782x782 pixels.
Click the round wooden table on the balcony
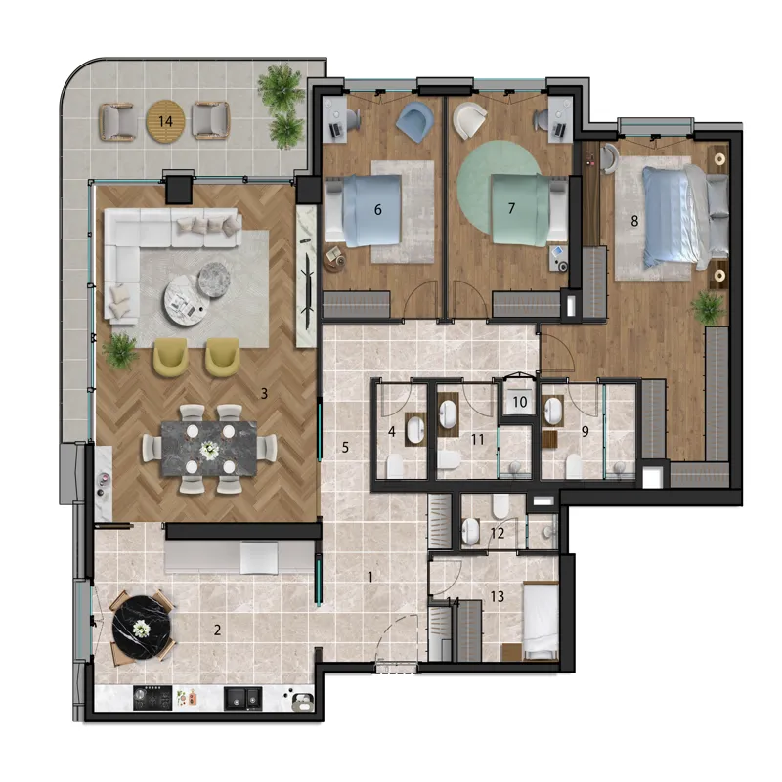coord(165,121)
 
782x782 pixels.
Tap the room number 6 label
coord(378,210)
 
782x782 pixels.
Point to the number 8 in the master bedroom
coord(634,221)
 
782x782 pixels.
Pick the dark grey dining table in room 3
coord(209,449)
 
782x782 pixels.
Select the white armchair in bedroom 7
coord(470,119)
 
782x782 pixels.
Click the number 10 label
coord(520,402)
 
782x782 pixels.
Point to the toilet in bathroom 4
coord(395,466)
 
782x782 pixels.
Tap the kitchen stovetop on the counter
coord(152,698)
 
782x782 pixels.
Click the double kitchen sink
coord(242,698)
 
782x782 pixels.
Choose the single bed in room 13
coord(541,620)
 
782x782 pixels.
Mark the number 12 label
coord(498,533)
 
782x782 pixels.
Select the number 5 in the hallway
coord(345,448)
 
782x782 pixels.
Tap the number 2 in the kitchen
coord(217,630)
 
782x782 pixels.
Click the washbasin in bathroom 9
coord(553,411)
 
